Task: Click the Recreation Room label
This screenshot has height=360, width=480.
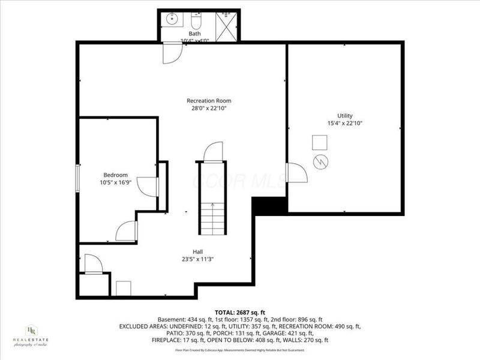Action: [x=209, y=101]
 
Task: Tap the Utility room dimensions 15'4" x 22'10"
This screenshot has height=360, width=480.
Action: [x=344, y=123]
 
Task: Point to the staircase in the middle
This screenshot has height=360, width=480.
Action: [x=212, y=218]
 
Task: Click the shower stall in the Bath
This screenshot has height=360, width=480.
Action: [x=227, y=26]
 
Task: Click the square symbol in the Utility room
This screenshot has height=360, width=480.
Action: [x=319, y=142]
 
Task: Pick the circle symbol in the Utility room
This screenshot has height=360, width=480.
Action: [x=321, y=161]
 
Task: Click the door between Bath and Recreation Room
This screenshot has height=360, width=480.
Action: [x=172, y=53]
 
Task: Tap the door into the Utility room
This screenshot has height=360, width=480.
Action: [x=296, y=173]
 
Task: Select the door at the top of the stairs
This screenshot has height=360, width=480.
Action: [x=213, y=152]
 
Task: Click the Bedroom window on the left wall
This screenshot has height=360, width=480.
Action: [x=78, y=178]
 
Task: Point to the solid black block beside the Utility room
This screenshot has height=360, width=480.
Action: [x=269, y=206]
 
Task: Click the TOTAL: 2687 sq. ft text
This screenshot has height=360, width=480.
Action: [x=239, y=313]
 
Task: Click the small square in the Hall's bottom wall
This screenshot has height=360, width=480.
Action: [x=124, y=288]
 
